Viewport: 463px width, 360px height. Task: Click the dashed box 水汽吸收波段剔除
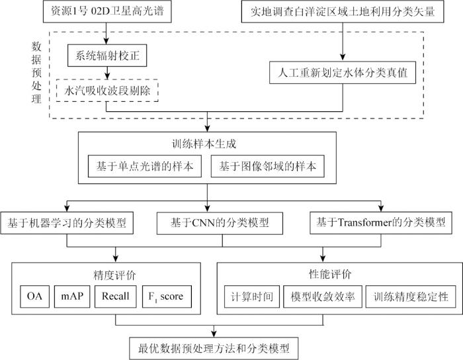pos(106,90)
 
